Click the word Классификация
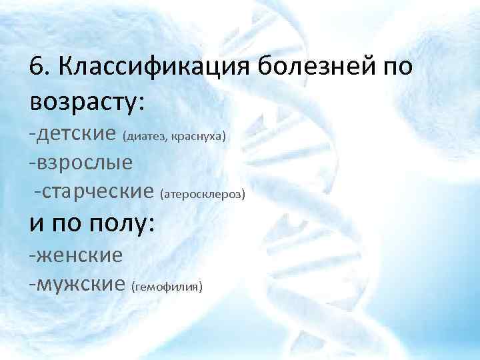pos(153,67)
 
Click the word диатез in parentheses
pos(144,137)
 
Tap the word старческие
pos(98,192)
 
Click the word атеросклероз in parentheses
pos(203,195)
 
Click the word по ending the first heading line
pos(399,67)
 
